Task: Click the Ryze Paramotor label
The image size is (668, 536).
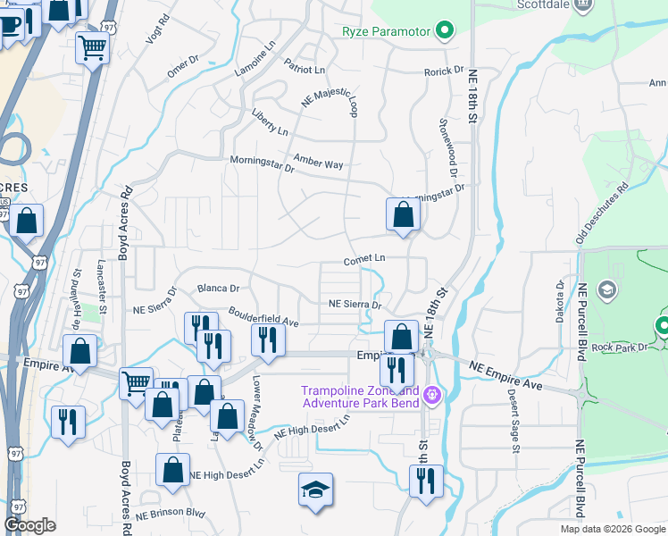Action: [x=386, y=32]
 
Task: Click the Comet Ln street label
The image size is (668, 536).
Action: [x=364, y=259]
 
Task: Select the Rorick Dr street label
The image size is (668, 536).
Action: [x=444, y=71]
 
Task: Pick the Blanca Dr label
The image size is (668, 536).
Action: [x=218, y=288]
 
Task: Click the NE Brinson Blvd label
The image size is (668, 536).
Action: [x=171, y=515]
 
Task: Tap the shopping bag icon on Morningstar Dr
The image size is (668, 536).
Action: [x=403, y=215]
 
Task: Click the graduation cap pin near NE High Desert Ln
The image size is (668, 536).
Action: [x=315, y=490]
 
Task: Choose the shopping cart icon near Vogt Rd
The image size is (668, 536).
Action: [x=92, y=48]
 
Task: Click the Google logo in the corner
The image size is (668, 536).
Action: [x=30, y=526]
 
